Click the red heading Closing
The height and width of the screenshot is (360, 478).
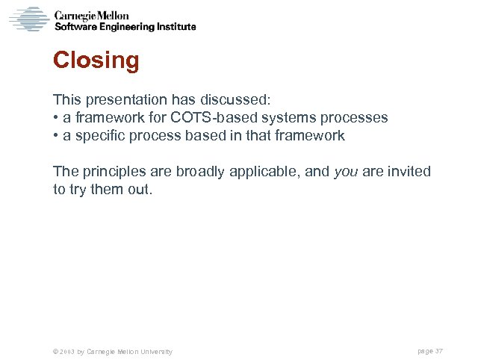[96, 61]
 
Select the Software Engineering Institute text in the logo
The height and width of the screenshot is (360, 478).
[125, 27]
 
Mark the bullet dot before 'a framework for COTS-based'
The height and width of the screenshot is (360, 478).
[56, 118]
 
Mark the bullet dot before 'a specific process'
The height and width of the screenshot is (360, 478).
[56, 136]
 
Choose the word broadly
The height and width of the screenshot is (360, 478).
[200, 172]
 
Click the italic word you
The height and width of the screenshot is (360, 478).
[345, 172]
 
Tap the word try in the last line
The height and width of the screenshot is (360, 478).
[78, 190]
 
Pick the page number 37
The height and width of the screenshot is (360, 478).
[439, 350]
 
